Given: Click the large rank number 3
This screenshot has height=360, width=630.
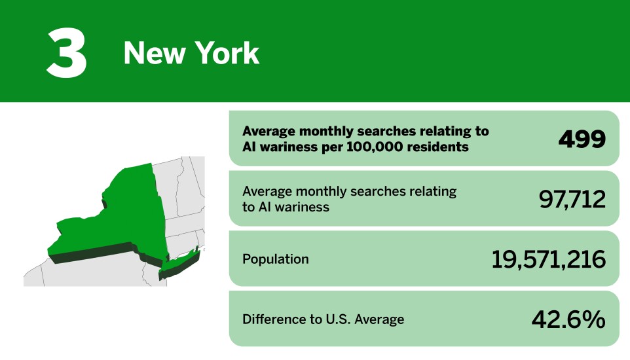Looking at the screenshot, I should [66, 52].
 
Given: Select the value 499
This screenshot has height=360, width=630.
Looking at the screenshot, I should [582, 139].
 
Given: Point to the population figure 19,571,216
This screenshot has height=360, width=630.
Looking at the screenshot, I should [548, 259].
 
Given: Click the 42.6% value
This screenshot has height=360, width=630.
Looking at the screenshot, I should [568, 319].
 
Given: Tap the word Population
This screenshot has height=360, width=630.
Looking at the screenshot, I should [275, 259].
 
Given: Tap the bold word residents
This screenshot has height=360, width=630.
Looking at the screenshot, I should [438, 147].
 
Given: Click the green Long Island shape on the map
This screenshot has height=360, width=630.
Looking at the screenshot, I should [177, 262].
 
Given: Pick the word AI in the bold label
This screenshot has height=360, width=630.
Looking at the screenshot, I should [250, 147].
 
